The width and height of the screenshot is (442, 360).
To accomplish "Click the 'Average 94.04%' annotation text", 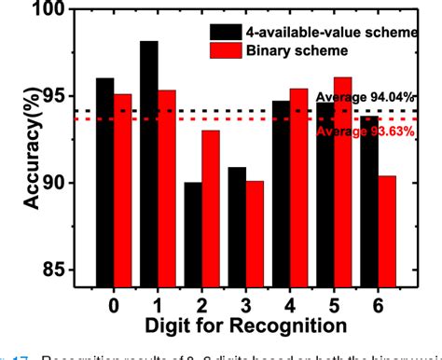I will tap(363, 97).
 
